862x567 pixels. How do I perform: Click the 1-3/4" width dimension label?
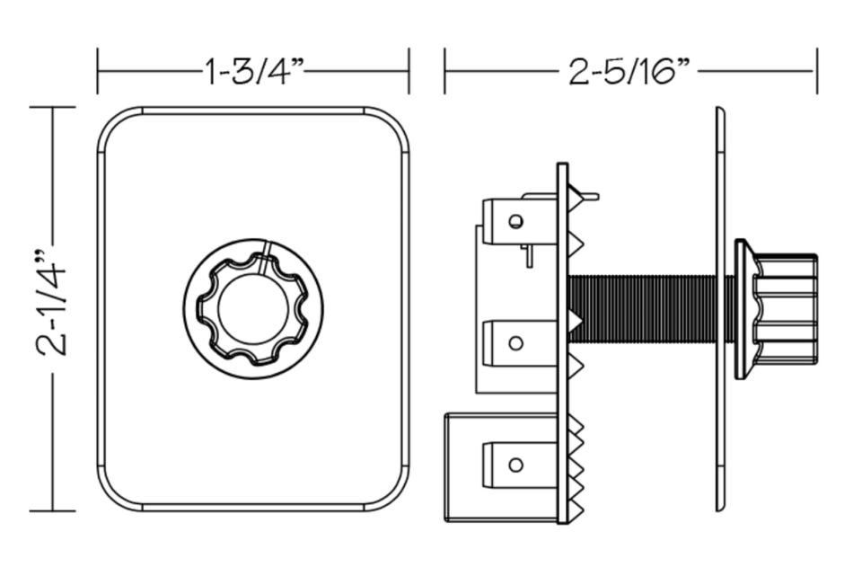point(254,72)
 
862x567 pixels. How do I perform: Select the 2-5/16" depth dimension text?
point(629,72)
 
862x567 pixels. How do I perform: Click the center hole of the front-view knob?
point(253,308)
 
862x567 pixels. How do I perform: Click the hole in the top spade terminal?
point(515,221)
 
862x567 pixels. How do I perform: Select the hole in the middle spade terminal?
point(515,343)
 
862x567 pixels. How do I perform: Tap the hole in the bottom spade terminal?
point(515,465)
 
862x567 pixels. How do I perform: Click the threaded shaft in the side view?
point(642,308)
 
